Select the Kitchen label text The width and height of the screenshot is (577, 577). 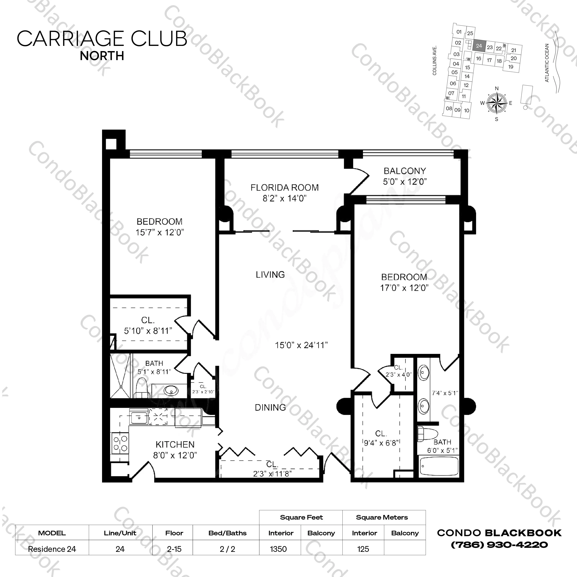[x=175, y=445]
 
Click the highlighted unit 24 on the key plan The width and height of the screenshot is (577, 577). [x=479, y=46]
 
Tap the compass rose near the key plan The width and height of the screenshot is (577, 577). [x=497, y=103]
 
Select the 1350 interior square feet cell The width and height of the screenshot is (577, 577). [x=278, y=549]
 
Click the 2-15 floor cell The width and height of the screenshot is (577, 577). [x=174, y=549]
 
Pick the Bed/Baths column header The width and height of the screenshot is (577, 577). [x=227, y=533]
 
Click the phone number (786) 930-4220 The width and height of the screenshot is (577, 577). [x=499, y=545]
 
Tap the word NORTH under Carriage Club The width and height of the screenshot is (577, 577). [x=102, y=56]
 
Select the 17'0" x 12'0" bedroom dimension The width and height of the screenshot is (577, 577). [x=404, y=288]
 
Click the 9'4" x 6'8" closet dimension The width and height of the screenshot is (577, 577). [x=381, y=443]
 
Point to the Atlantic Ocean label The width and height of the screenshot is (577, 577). [x=547, y=63]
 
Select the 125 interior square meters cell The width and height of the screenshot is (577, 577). [x=363, y=549]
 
